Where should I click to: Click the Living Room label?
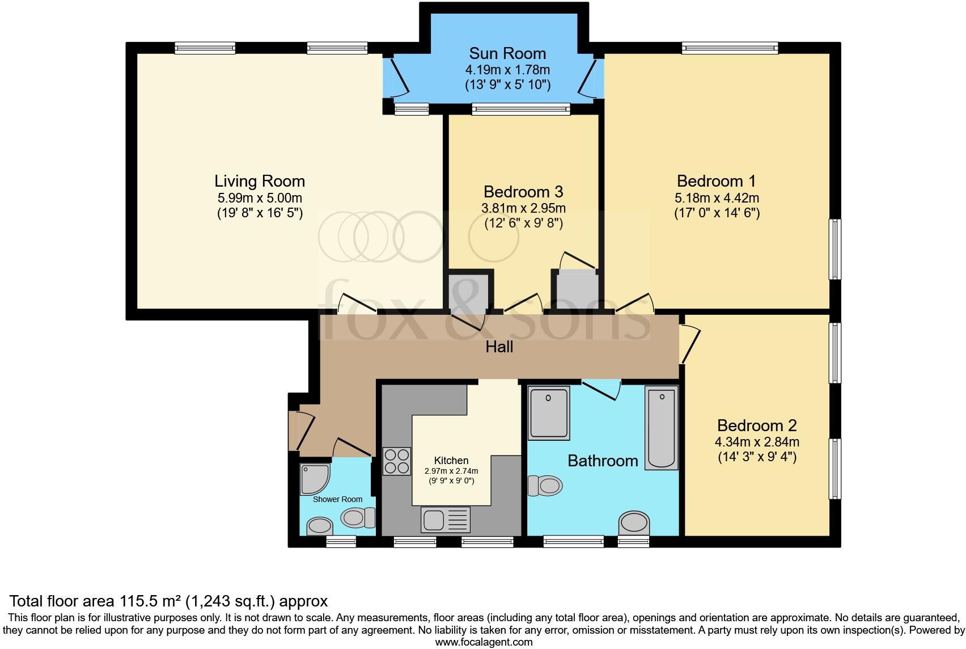click(260, 182)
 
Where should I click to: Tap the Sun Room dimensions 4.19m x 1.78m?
click(507, 70)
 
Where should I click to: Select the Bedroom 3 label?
click(523, 192)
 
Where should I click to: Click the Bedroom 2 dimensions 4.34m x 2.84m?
click(757, 442)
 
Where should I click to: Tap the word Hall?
click(499, 347)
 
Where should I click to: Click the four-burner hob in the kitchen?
click(397, 461)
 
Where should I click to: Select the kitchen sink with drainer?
click(446, 519)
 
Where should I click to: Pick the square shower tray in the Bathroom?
click(549, 414)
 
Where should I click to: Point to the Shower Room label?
click(337, 499)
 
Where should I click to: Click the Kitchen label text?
click(451, 461)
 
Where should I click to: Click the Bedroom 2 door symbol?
click(688, 343)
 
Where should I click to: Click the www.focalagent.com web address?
click(484, 642)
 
